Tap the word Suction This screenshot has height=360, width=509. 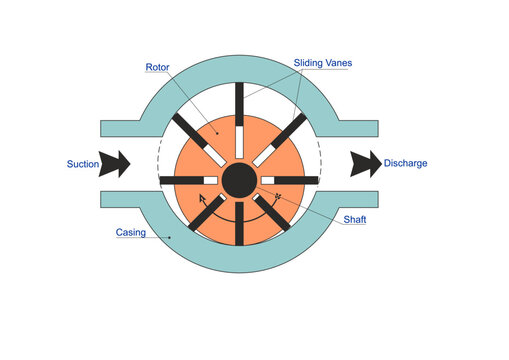82,162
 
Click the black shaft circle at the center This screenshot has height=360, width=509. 239,180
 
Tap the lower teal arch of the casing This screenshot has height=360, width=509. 239,262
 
